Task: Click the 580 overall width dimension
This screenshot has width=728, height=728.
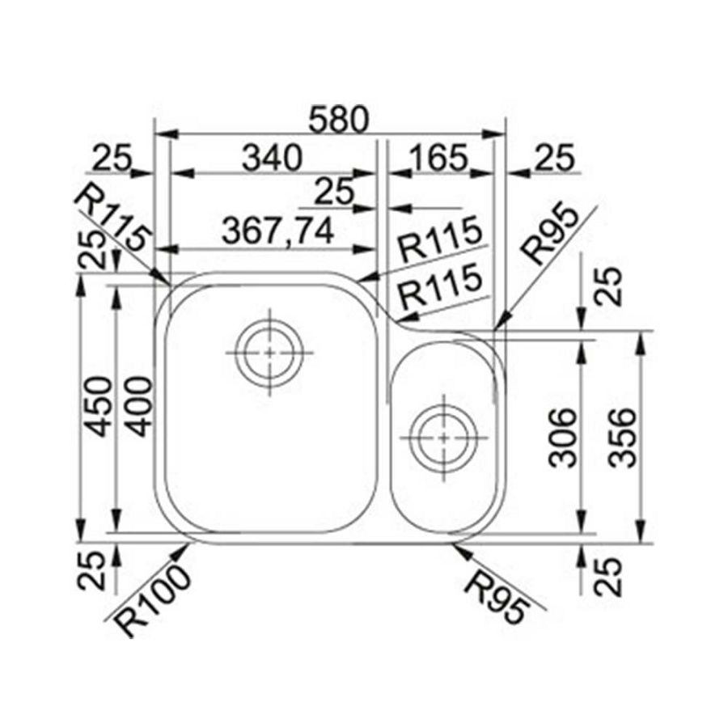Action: click(338, 121)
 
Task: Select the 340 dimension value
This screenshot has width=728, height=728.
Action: click(273, 158)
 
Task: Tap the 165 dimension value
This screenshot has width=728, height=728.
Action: click(438, 158)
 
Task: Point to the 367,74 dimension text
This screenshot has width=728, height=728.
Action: click(277, 231)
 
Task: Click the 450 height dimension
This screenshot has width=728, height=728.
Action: click(100, 407)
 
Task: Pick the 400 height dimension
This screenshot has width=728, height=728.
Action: click(139, 407)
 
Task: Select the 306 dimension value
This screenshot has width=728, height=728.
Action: click(562, 438)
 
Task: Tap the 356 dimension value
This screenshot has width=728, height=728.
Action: click(621, 438)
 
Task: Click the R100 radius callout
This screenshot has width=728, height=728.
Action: click(153, 603)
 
